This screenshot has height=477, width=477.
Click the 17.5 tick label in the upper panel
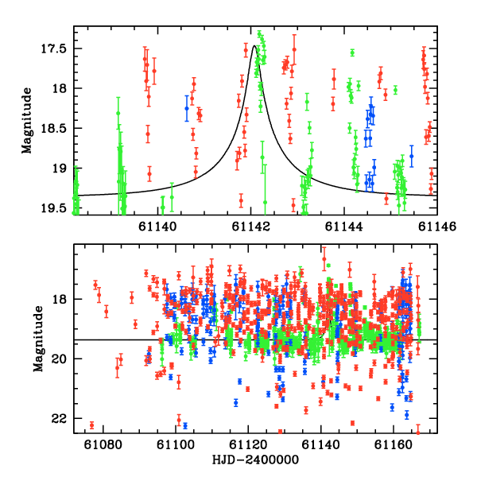pos(54,48)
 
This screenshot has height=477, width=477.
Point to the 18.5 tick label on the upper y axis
pos(54,128)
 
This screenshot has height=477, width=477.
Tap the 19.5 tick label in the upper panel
pos(54,208)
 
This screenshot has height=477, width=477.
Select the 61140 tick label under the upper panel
pos(157,227)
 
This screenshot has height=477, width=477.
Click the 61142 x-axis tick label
pos(250,227)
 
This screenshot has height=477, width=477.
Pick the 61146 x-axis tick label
pos(437,227)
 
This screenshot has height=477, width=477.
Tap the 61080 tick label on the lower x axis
pos(103,444)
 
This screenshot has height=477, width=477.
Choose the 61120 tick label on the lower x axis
pos(248,444)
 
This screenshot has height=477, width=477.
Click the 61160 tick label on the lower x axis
pos(394,444)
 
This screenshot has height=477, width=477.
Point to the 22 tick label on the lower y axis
pos(59,419)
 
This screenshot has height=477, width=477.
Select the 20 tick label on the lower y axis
pos(59,359)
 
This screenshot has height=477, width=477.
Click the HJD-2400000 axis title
pos(255,460)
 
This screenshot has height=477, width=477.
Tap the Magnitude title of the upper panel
pos(27,121)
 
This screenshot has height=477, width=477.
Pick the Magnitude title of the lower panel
pos(38,339)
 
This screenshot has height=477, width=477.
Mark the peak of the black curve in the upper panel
pos(254,45)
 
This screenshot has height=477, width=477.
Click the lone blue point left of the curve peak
pos(187,108)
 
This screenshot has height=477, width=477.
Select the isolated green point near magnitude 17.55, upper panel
pos(352,53)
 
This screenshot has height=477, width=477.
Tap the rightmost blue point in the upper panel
pos(412,156)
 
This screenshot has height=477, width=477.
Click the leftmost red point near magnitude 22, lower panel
pos(91,425)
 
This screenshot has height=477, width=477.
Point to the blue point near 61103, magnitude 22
pos(185,425)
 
